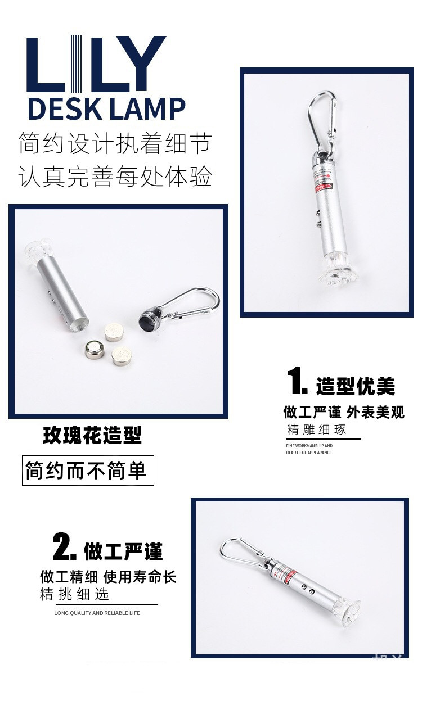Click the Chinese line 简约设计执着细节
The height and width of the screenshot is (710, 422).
[x=115, y=144]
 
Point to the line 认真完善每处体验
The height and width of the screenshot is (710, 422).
[x=115, y=177]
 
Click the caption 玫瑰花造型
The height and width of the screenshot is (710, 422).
[x=92, y=435]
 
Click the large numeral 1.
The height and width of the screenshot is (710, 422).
[x=297, y=382]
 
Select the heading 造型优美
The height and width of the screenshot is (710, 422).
[x=355, y=387]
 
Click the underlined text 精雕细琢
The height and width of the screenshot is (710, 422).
[x=316, y=430]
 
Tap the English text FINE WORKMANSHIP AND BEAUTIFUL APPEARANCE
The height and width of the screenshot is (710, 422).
[x=309, y=449]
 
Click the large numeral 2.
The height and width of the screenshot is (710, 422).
[x=64, y=546]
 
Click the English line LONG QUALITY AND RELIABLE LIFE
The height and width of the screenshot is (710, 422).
[x=97, y=613]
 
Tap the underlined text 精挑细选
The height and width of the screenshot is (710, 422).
[x=74, y=594]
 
